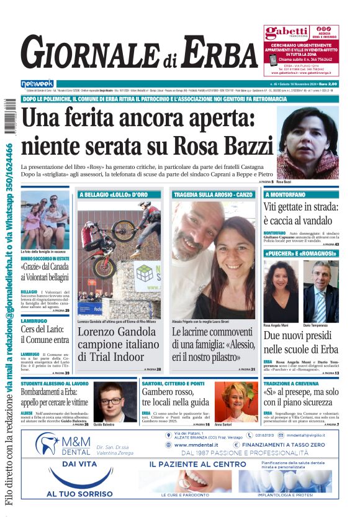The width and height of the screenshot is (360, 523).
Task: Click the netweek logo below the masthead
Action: (x=37, y=83)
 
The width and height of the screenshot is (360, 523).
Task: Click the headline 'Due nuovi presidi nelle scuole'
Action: (x=300, y=342)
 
